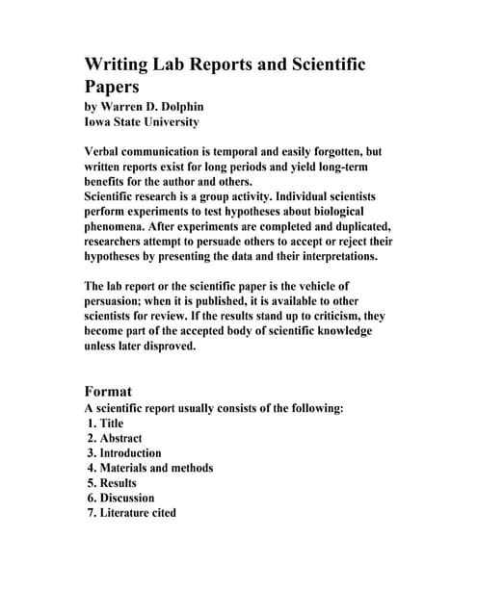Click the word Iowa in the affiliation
101,122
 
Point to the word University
167,122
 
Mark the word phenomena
119,227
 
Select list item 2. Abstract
114,438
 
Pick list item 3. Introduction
123,453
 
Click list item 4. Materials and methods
149,469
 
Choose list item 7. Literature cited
131,514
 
